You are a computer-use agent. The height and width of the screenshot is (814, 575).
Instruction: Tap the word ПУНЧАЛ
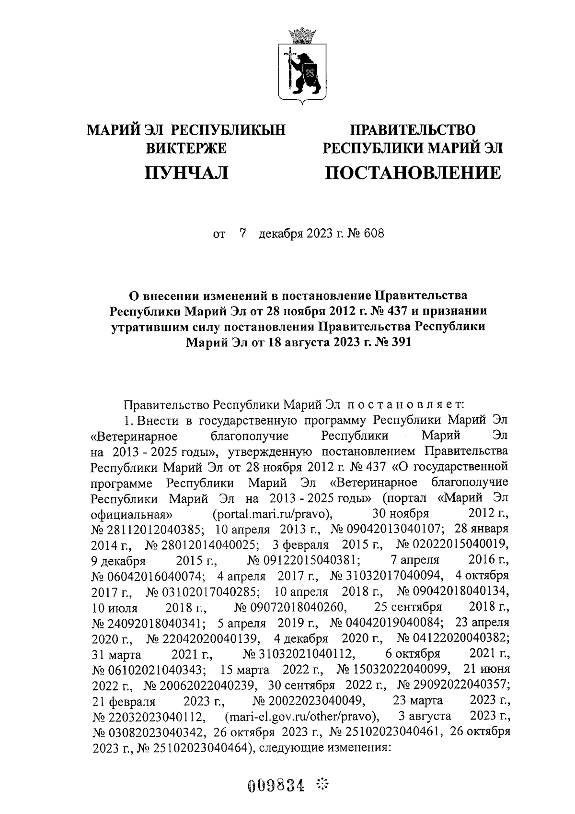pyautogui.click(x=186, y=172)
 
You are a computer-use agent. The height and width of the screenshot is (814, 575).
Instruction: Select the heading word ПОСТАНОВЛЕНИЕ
pyautogui.click(x=413, y=172)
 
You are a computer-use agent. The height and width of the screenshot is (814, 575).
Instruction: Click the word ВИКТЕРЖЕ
pyautogui.click(x=186, y=148)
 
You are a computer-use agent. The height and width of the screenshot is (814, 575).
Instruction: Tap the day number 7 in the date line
pyautogui.click(x=243, y=234)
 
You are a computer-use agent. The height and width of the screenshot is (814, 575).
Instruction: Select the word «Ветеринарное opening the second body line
pyautogui.click(x=134, y=436)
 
